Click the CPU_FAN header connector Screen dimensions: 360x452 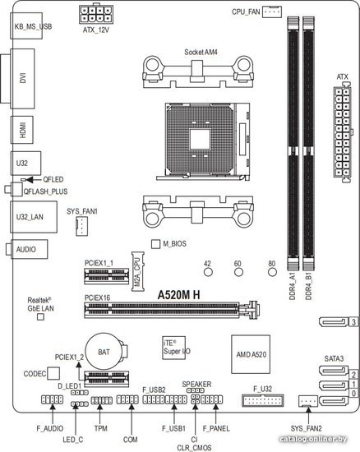point(272,12)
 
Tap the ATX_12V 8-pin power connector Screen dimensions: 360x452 point(96,14)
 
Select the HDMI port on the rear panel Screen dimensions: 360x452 point(22,130)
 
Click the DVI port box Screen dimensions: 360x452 point(22,78)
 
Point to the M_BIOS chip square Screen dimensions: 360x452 point(155,244)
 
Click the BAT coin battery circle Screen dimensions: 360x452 point(104,352)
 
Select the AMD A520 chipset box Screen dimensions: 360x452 point(251,354)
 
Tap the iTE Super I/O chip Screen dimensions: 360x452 point(173,348)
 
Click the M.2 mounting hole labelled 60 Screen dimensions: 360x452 point(238,272)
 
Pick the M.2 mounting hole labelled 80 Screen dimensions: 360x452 point(272,272)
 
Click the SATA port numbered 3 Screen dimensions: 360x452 point(334,321)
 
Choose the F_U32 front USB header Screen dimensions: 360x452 point(263,400)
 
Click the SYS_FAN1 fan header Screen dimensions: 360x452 point(82,226)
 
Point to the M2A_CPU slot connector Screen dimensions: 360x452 point(138,271)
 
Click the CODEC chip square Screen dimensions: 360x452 point(53,373)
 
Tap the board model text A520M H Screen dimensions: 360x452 point(178,295)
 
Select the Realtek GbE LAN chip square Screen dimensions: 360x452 point(41,317)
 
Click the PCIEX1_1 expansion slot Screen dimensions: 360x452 point(107,276)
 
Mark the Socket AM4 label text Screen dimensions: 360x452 point(201,52)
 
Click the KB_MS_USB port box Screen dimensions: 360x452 point(26,26)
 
